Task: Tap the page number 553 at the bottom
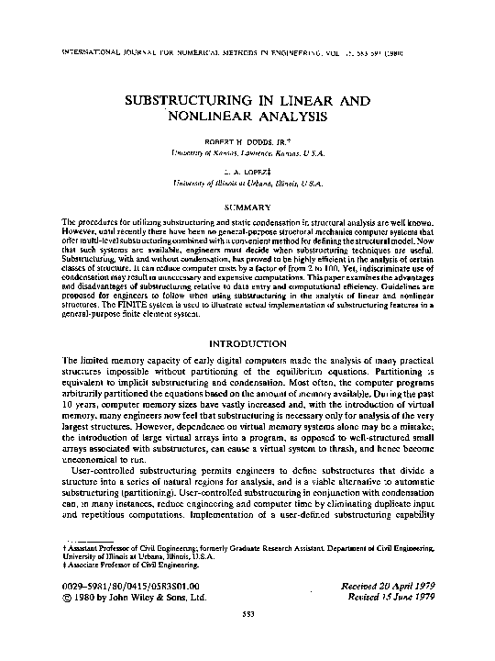point(247,640)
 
